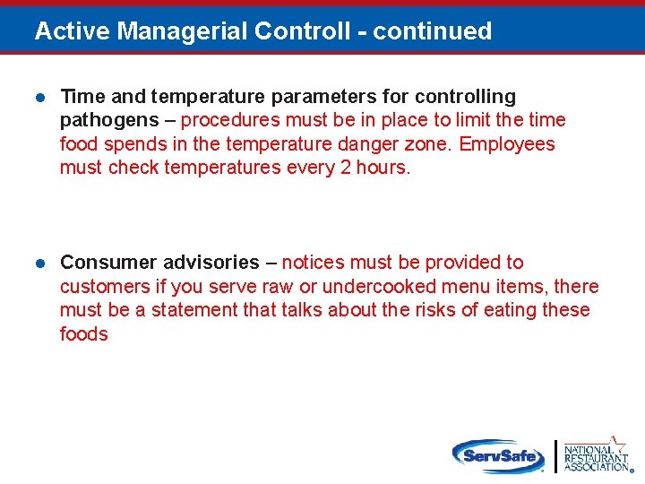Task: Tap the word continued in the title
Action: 433,31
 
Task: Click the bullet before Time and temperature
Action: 40,97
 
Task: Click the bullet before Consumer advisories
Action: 40,263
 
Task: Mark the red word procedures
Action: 231,121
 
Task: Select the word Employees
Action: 507,144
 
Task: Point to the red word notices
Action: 314,263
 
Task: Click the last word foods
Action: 83,334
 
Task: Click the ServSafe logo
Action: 498,455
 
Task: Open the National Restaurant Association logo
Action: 596,455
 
